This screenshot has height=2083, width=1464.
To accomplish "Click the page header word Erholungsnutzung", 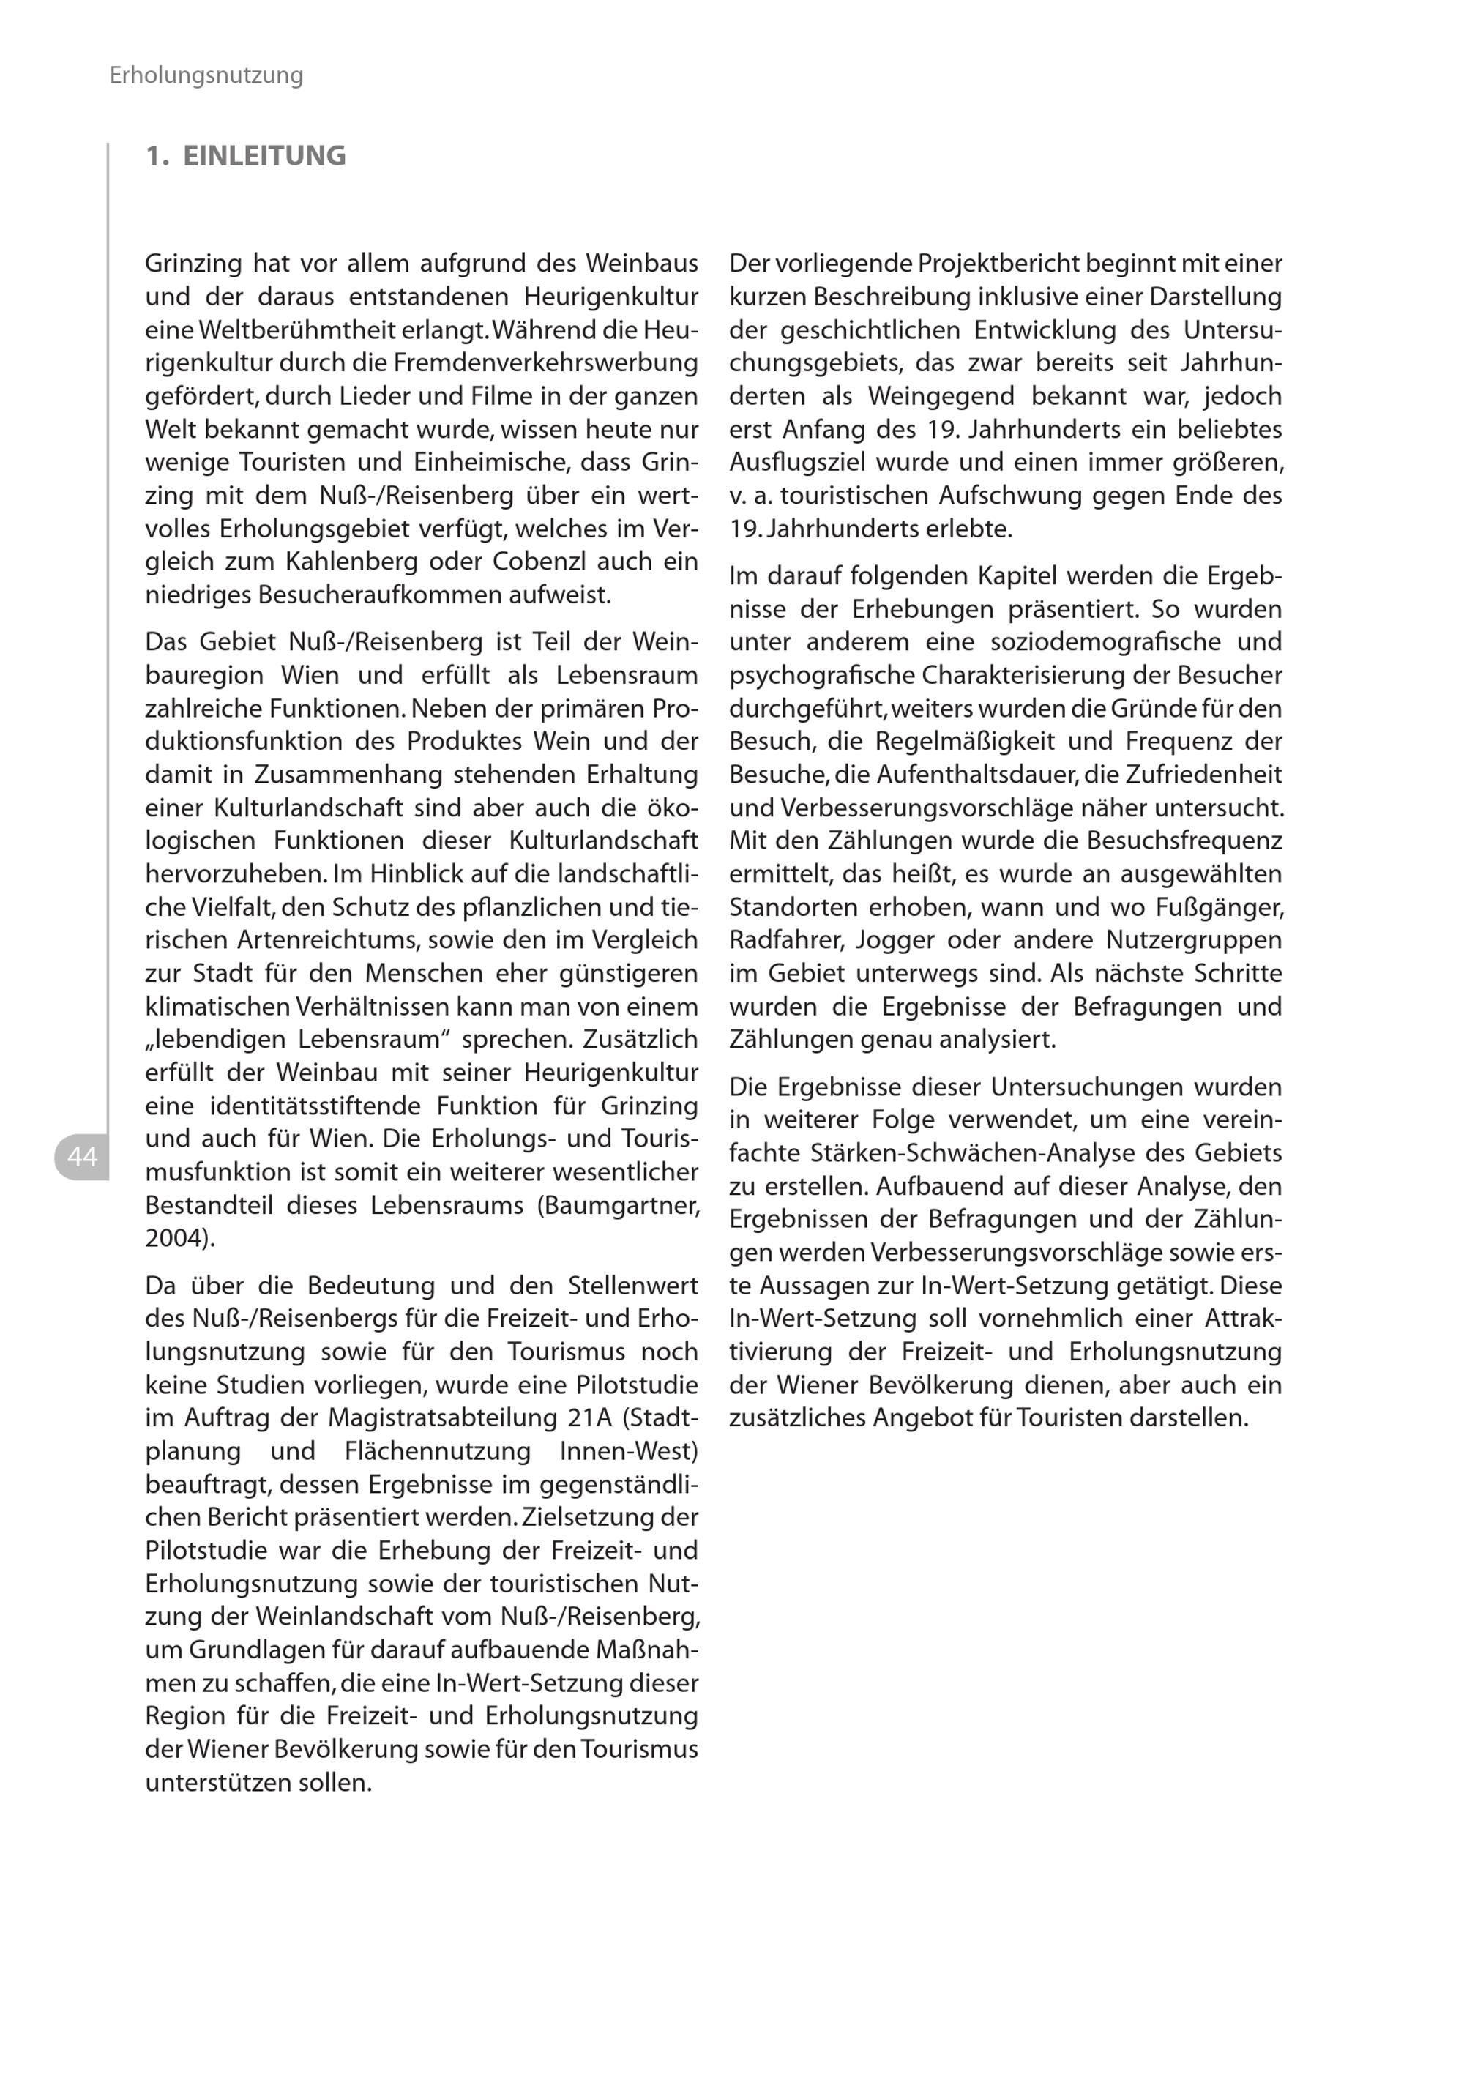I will [x=206, y=75].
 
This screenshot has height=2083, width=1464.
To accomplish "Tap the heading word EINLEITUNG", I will [x=264, y=156].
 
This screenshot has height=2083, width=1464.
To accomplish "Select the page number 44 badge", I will [x=82, y=1157].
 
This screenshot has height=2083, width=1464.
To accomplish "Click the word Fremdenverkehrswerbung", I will [x=545, y=363].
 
